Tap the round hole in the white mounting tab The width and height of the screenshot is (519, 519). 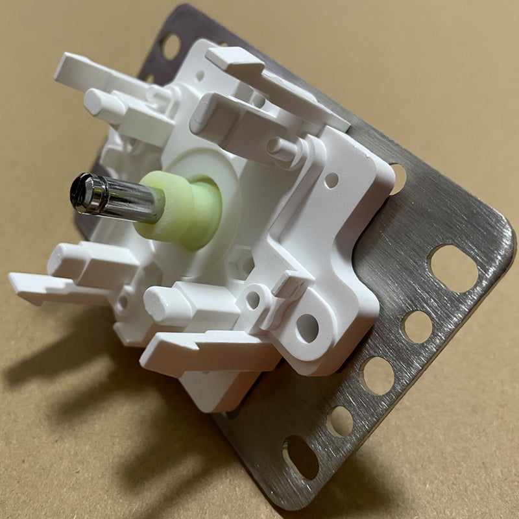point(308,328)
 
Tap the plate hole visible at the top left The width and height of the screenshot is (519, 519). point(169,45)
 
